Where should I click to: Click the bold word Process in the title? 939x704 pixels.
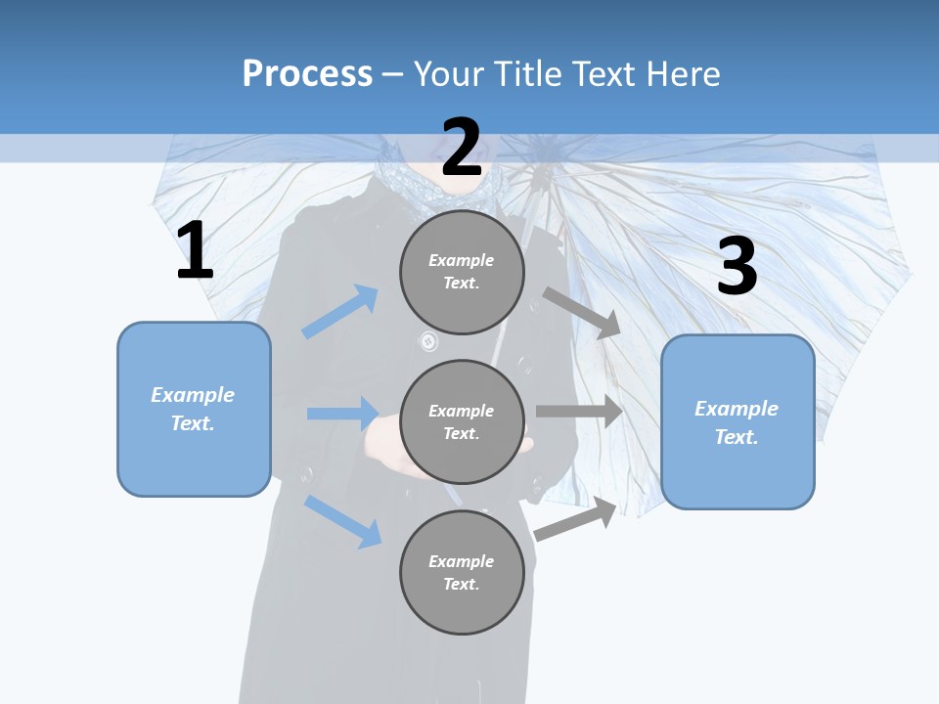click(x=307, y=73)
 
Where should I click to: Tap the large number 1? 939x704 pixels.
click(x=195, y=250)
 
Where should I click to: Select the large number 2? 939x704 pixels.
click(x=462, y=148)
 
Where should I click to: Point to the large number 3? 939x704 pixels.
click(x=737, y=267)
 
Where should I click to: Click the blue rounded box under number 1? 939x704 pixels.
click(x=194, y=409)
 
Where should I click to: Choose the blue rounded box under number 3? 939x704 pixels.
click(x=738, y=422)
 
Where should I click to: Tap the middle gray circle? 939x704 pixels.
click(x=462, y=421)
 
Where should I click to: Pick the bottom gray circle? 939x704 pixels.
click(x=462, y=572)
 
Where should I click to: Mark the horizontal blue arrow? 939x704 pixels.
click(x=342, y=414)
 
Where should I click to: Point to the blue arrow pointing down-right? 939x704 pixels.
click(x=342, y=521)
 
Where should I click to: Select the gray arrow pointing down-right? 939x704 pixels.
click(x=582, y=313)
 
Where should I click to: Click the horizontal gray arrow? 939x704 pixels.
click(x=579, y=412)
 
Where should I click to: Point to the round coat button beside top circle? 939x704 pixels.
click(x=428, y=341)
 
